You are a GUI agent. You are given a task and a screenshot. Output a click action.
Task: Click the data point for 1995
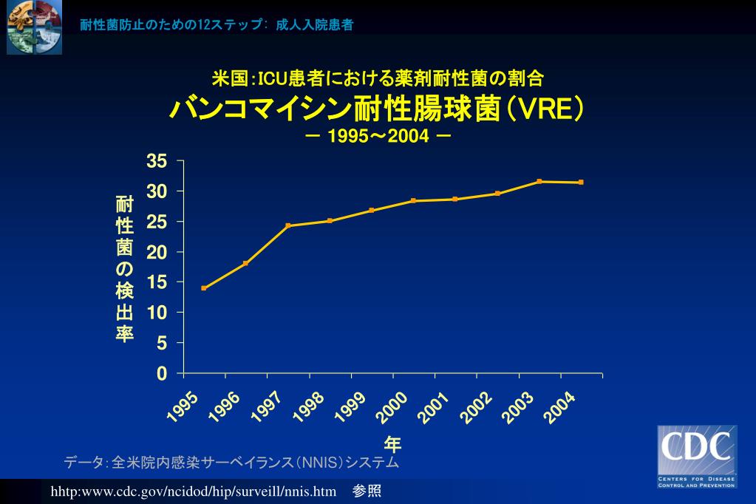204,288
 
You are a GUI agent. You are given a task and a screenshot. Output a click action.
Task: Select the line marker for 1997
287,225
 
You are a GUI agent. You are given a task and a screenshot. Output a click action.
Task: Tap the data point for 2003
539,181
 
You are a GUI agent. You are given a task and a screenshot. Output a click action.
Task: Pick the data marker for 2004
581,183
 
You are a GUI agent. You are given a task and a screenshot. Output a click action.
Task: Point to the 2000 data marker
413,201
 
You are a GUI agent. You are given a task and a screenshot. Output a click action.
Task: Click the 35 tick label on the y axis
157,161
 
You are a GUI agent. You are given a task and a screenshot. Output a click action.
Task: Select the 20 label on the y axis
157,252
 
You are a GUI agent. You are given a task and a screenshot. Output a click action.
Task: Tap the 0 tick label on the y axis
163,374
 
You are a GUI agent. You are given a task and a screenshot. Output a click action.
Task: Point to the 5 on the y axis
163,344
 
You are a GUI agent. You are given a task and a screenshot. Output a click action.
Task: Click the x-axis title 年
392,444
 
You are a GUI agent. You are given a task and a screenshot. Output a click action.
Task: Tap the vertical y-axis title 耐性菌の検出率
124,269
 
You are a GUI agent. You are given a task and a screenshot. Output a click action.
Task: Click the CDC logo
697,456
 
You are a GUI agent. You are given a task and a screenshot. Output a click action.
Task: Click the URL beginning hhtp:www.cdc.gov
194,491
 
